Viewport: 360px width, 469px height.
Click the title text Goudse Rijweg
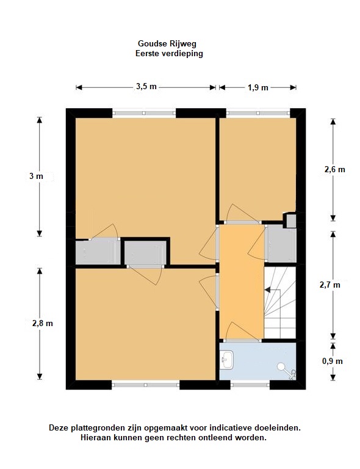(x=167, y=44)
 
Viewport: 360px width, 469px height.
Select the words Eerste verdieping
(x=169, y=54)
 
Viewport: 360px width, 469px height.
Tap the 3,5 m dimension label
(x=146, y=87)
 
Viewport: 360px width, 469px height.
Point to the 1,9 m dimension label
(x=258, y=88)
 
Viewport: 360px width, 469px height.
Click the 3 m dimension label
(x=36, y=176)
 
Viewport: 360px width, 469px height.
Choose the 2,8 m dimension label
(x=43, y=323)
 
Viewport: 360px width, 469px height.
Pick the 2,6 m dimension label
(x=334, y=170)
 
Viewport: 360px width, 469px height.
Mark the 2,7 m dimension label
(x=330, y=285)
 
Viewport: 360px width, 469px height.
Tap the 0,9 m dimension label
(x=332, y=362)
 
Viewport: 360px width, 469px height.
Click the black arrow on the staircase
(x=268, y=290)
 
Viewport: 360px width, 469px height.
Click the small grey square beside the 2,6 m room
(x=291, y=221)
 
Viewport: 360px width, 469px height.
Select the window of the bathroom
(x=250, y=385)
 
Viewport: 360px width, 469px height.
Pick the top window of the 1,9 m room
(x=258, y=113)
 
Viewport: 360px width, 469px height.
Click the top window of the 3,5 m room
(x=144, y=113)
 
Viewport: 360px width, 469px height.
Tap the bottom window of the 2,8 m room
(x=145, y=385)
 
